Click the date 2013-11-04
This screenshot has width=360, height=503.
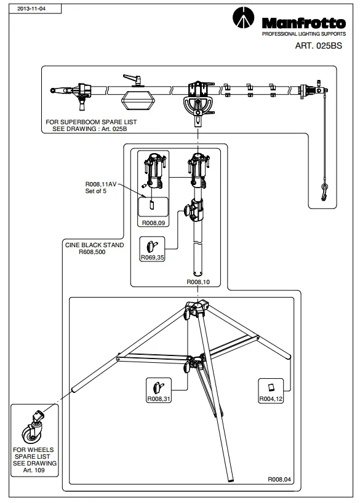pos(31,9)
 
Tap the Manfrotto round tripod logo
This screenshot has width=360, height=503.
pos(243,18)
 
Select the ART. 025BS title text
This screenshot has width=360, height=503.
pos(318,46)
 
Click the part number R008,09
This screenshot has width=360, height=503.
pos(153,223)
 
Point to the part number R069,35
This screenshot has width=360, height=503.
pos(153,257)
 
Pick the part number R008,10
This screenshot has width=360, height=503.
pos(198,282)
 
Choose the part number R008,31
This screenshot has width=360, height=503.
pos(159,398)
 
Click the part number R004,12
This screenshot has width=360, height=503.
pos(271,398)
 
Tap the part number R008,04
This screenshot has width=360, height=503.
pos(279,479)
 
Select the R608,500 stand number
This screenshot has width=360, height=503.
pos(92,252)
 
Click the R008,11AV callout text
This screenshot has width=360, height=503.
pos(101,184)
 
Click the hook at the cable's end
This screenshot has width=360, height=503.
pos(324,192)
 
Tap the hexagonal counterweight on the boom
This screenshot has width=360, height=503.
pos(138,101)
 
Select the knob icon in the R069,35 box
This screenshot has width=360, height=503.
pos(151,246)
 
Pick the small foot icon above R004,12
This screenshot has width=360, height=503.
pos(271,387)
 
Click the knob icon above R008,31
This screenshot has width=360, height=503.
pos(158,387)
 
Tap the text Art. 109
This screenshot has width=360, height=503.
pos(34,470)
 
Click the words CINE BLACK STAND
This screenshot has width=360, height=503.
pos(94,245)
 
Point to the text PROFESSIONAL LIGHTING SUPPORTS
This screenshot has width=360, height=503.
pos(304,34)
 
